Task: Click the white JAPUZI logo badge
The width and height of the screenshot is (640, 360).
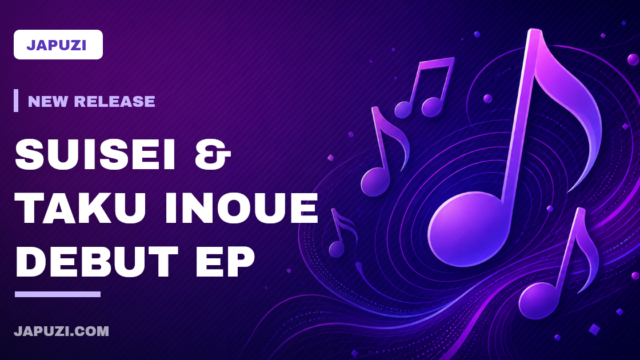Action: click(x=58, y=44)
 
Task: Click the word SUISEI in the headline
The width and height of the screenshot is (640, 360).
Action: click(x=95, y=154)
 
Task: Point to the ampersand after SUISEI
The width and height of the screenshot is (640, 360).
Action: click(x=212, y=154)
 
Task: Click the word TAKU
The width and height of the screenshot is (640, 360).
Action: click(x=81, y=208)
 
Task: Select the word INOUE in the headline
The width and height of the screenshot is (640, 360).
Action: click(x=241, y=208)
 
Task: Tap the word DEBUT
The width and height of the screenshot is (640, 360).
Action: click(x=97, y=261)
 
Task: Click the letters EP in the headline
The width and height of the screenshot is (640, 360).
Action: click(x=225, y=261)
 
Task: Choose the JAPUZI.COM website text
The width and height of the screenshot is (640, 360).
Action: click(x=62, y=331)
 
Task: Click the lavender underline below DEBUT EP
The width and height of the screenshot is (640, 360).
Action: click(x=58, y=294)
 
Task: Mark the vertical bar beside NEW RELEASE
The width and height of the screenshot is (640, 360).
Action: click(x=16, y=100)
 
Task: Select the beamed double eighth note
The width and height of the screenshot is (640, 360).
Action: click(x=425, y=87)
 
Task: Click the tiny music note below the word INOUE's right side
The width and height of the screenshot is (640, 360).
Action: click(x=342, y=233)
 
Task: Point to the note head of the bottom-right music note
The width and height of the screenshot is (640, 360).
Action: click(x=538, y=300)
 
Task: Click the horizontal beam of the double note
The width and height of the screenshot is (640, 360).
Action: click(x=436, y=64)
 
